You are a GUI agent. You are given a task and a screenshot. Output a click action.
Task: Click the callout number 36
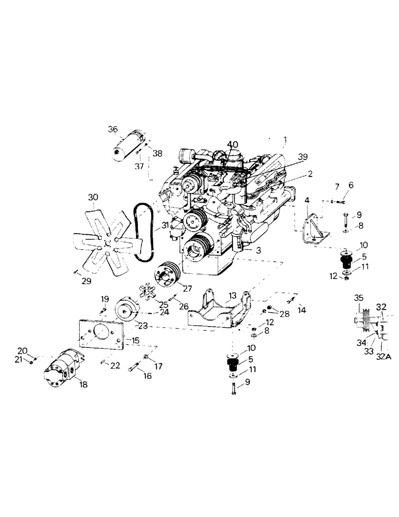pyautogui.click(x=113, y=129)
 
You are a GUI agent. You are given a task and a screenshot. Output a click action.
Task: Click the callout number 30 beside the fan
pyautogui.click(x=93, y=197)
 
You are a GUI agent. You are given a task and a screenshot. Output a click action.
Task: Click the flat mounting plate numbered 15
pyautogui.click(x=101, y=338)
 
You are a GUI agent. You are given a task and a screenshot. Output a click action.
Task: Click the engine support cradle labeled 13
pyautogui.click(x=217, y=310)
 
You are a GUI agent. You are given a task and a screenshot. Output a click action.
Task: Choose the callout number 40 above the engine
pyautogui.click(x=233, y=144)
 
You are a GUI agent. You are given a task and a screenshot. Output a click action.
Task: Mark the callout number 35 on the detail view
pyautogui.click(x=359, y=298)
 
